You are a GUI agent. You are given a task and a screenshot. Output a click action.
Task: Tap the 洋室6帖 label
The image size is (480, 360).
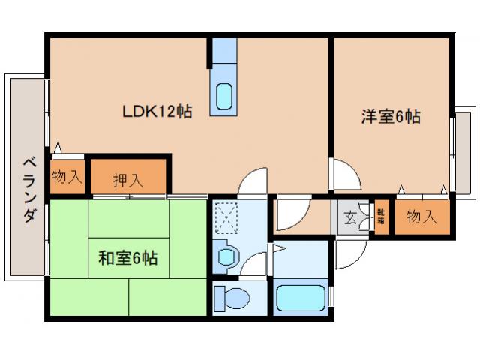click(390, 117)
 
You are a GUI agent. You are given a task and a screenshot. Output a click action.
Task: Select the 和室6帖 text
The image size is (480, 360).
click(127, 259)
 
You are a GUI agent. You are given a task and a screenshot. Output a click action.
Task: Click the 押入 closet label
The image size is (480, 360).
click(128, 180)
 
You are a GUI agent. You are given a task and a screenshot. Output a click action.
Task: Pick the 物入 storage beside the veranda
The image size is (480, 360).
click(67, 178)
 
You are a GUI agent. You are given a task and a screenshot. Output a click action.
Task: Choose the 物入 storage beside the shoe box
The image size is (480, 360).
click(422, 217)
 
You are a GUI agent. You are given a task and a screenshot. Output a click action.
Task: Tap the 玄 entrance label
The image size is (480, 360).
click(351, 219)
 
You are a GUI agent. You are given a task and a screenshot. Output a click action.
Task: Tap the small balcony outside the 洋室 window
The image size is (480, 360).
click(464, 154)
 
